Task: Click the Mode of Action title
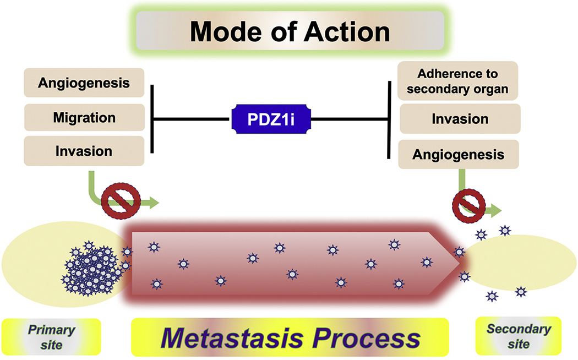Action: [x=290, y=32]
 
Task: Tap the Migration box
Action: [x=84, y=117]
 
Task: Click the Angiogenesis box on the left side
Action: [x=84, y=84]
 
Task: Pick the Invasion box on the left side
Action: [x=84, y=151]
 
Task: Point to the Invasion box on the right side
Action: [x=460, y=119]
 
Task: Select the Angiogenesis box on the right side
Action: [x=460, y=154]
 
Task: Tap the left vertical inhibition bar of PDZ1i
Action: [x=152, y=118]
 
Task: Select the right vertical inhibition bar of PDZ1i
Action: [x=390, y=118]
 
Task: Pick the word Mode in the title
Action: [x=224, y=32]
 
